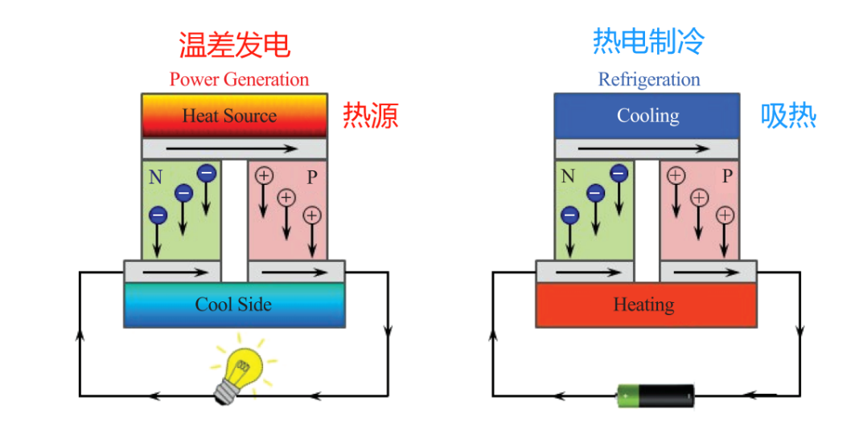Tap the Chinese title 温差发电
[235, 45]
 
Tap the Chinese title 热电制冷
[648, 41]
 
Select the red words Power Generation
[239, 80]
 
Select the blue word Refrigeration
[649, 80]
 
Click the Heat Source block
[235, 116]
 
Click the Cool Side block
[235, 305]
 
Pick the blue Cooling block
[647, 116]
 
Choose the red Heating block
[646, 305]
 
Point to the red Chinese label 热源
[371, 116]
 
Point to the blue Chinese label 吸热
[788, 116]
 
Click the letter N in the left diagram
[155, 178]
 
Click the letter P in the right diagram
[727, 177]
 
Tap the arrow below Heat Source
[232, 149]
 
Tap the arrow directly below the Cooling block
[643, 149]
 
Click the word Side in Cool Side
[253, 305]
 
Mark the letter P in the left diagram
[312, 178]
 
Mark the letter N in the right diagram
[568, 177]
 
